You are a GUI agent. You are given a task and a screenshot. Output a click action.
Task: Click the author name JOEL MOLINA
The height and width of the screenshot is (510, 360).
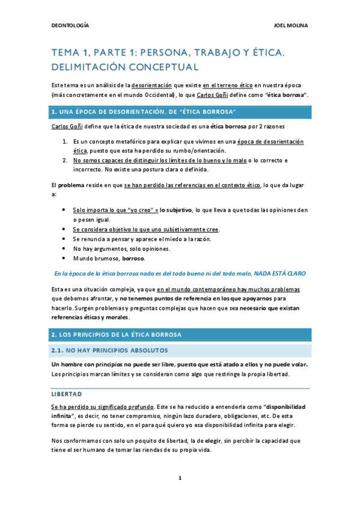[x=291, y=25]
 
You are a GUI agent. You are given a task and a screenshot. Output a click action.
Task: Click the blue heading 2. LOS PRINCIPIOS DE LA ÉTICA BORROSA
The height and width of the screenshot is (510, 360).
[x=121, y=335]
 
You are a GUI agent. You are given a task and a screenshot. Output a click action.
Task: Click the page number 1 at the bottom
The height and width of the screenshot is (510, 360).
[x=180, y=478]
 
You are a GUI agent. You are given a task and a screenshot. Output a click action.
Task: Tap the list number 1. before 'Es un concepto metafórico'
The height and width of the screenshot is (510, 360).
[x=66, y=141]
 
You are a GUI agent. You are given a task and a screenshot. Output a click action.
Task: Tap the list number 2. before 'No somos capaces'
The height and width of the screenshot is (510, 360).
[x=66, y=161]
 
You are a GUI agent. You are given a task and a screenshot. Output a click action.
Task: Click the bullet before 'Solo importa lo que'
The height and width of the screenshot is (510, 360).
[x=64, y=210]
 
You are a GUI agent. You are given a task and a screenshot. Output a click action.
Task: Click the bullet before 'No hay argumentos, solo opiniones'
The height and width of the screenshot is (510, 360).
[x=64, y=248]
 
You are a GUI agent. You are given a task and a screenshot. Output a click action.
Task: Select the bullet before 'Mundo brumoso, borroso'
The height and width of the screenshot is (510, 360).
[x=64, y=258]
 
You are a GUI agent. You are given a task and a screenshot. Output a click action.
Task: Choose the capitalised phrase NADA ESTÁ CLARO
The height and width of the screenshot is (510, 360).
[x=280, y=273]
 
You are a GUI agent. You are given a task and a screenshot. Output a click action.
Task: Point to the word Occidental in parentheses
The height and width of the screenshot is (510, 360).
[x=154, y=95]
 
